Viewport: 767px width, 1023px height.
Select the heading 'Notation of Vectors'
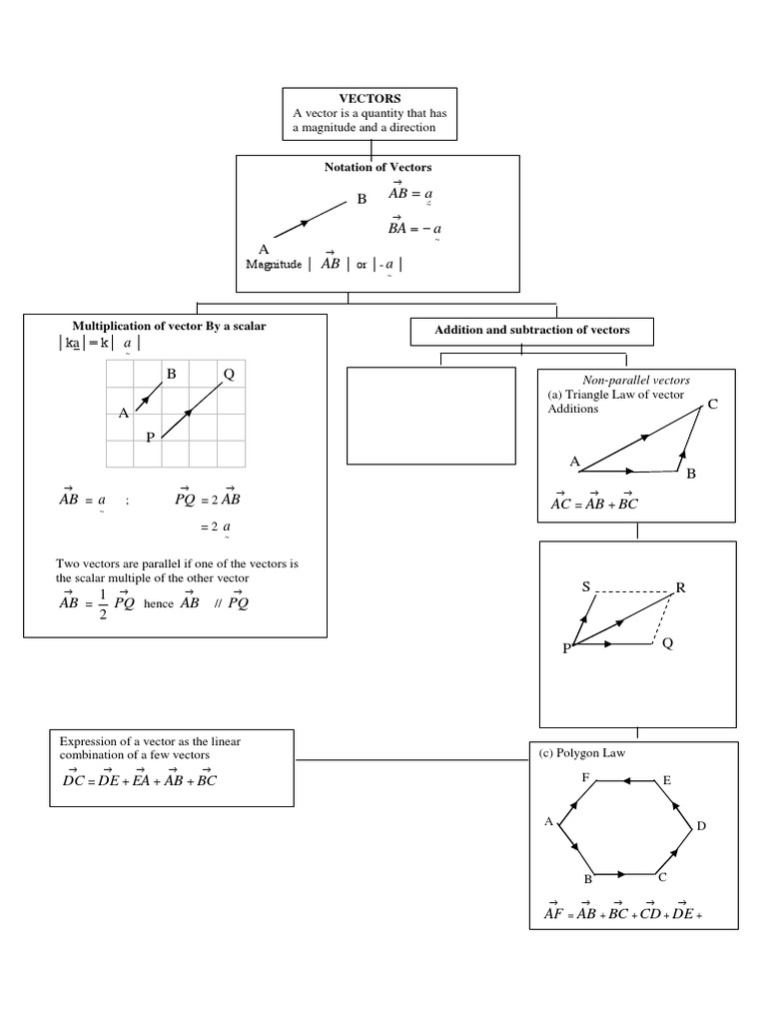click(x=378, y=167)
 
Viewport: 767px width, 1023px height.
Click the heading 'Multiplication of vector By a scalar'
click(x=170, y=326)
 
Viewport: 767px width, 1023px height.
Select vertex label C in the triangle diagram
click(x=712, y=404)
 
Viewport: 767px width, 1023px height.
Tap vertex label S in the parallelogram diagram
click(x=586, y=586)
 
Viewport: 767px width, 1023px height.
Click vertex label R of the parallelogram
click(x=681, y=587)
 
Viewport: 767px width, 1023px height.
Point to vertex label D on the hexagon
click(x=701, y=826)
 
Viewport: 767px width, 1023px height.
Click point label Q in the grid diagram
click(x=229, y=375)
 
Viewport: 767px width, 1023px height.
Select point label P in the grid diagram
click(x=150, y=437)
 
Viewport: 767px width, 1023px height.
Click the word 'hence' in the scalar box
click(x=159, y=604)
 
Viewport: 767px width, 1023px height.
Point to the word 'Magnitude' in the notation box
click(x=274, y=264)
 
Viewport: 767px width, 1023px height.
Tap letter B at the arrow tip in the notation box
click(x=363, y=199)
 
